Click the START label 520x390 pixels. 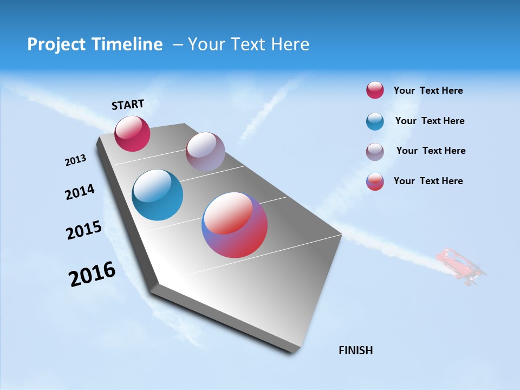pos(128,105)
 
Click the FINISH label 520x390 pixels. pos(355,350)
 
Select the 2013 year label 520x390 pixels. pos(75,160)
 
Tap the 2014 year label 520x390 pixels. pos(80,192)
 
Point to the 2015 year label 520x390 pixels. pos(84,230)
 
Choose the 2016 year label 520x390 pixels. pos(92,274)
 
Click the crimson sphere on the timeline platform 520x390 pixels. pos(132,134)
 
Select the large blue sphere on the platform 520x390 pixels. pos(157,195)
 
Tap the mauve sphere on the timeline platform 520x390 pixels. pos(205,152)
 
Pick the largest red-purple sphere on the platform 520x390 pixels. pos(235,225)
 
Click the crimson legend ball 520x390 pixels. pos(375,90)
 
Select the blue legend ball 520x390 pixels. pos(375,121)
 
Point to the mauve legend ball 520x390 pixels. pos(375,151)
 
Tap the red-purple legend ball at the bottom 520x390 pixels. pos(375,181)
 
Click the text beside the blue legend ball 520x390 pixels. pos(430,121)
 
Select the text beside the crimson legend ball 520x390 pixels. pos(428,90)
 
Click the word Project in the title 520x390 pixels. pos(57,44)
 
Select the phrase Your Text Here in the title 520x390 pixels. pos(249,44)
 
